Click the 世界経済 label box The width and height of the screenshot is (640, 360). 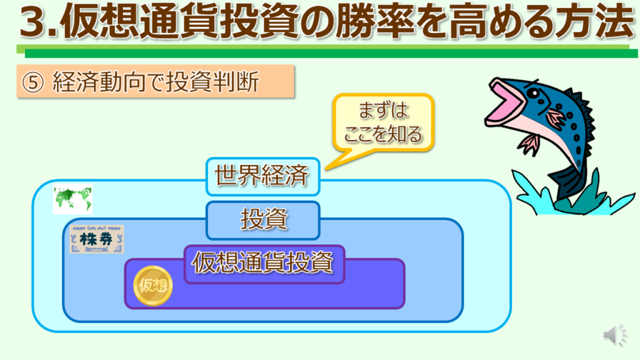[263, 176]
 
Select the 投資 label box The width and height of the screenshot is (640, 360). [263, 220]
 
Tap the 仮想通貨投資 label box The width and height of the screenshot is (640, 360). [264, 264]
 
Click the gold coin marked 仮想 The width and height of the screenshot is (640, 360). [153, 286]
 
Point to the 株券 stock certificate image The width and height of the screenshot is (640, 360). [97, 239]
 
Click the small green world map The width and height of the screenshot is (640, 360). [73, 199]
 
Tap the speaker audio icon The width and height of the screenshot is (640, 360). [616, 335]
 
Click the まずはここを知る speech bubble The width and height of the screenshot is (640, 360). [383, 122]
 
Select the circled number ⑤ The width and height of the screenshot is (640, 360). [32, 82]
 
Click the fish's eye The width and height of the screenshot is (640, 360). [533, 94]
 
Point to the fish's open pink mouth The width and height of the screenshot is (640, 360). [505, 102]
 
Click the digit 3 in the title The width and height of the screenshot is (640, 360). [34, 21]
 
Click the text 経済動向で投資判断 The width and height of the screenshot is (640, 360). [156, 82]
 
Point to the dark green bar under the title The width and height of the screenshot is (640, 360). [331, 54]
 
